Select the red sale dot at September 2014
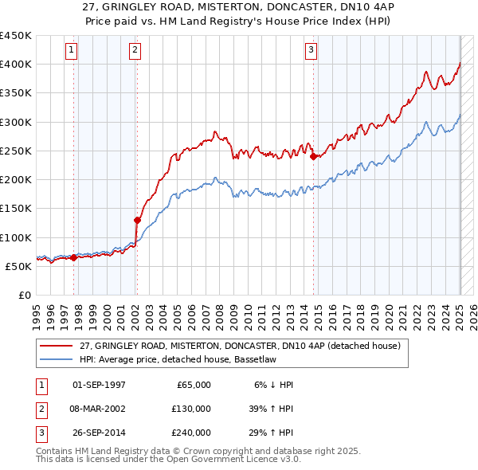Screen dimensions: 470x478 pos(313,156)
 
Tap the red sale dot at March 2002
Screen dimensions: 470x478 pos(137,220)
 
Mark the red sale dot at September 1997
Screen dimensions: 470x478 pos(74,257)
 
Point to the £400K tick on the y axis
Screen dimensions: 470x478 pos(16,65)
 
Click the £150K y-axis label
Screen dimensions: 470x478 pos(16,209)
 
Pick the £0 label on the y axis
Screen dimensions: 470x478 pos(24,296)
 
